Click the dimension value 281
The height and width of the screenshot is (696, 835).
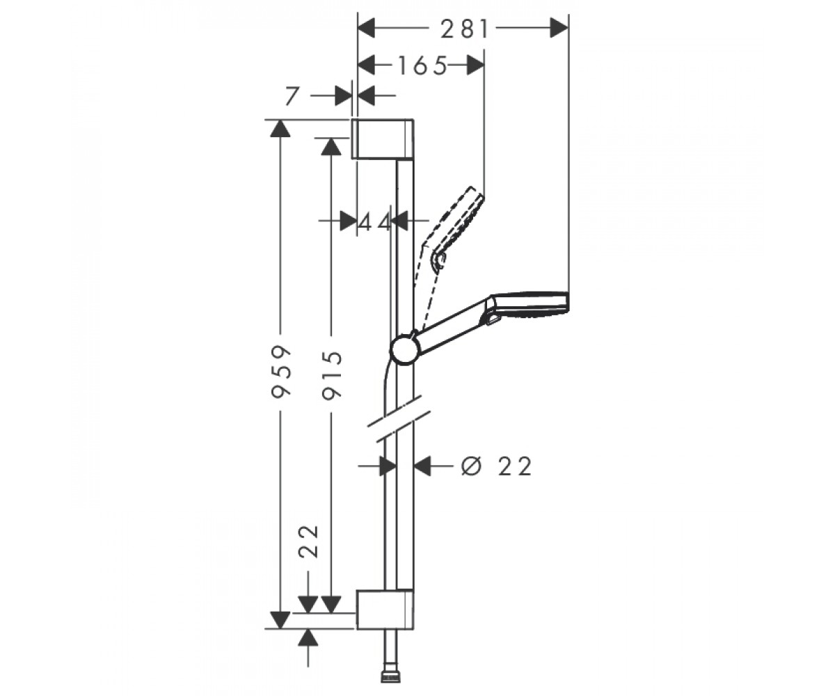[464, 30]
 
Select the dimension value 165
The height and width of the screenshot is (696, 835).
[422, 65]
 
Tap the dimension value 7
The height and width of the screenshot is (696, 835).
[292, 96]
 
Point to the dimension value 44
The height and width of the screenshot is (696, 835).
[374, 221]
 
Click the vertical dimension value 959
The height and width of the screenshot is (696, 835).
[280, 372]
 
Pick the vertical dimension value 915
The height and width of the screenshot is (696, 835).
[333, 375]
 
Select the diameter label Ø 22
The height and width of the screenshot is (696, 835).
[496, 466]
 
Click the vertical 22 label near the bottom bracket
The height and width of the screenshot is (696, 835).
[309, 541]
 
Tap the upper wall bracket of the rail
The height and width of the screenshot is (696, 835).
[383, 139]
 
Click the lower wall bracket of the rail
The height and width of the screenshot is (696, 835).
[385, 610]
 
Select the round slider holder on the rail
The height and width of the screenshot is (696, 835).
[405, 348]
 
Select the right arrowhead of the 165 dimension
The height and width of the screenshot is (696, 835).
[475, 65]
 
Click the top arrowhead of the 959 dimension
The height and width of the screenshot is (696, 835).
[280, 128]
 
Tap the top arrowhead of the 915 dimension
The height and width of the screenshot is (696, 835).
[331, 146]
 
